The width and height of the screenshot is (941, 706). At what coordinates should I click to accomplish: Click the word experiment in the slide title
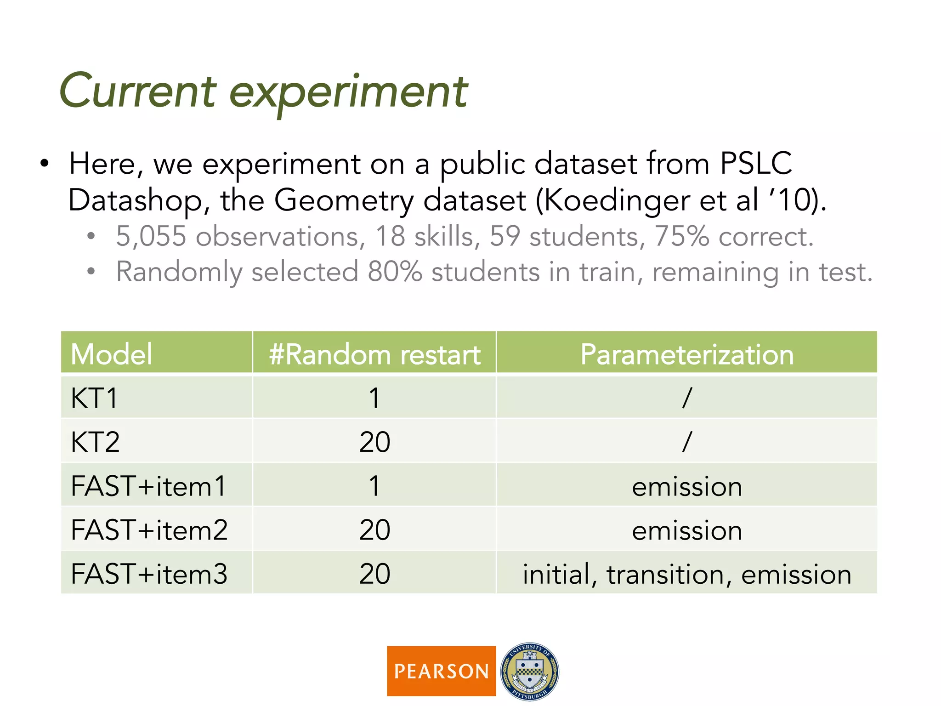(x=348, y=93)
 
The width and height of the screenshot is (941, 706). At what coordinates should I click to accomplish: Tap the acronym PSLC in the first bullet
(x=756, y=163)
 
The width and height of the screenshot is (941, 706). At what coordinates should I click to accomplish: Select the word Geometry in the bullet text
(x=344, y=201)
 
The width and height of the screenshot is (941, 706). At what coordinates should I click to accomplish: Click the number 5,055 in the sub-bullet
(x=151, y=236)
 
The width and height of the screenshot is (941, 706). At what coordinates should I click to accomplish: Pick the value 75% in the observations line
(x=681, y=236)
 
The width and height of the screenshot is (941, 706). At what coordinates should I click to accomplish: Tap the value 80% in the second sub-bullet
(x=394, y=272)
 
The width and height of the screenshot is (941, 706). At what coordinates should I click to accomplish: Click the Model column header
(x=111, y=354)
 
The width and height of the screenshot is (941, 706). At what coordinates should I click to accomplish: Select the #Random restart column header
(x=374, y=354)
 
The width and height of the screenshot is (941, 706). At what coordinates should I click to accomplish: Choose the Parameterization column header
(x=686, y=354)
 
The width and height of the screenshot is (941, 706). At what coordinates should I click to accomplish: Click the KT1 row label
(x=94, y=398)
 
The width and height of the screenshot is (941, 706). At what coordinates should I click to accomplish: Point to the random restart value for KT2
(x=374, y=442)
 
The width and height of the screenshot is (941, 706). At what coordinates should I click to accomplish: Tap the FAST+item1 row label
(x=148, y=486)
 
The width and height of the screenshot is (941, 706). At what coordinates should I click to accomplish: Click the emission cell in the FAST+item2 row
(x=686, y=530)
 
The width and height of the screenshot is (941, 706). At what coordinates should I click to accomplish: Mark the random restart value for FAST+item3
(x=374, y=574)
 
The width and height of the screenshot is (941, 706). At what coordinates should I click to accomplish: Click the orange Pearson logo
(x=441, y=671)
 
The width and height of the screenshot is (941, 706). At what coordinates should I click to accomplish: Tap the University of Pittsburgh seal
(x=530, y=671)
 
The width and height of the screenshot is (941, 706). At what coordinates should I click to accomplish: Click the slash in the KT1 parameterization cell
(x=686, y=398)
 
